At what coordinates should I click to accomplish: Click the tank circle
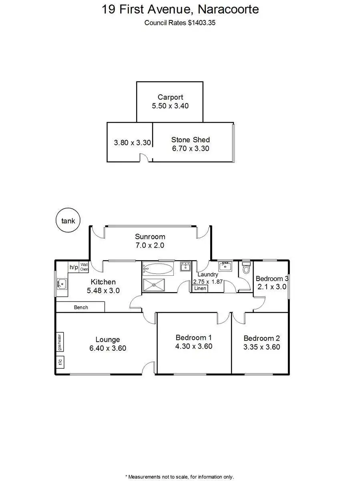coord(68,220)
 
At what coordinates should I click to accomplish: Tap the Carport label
coord(170,97)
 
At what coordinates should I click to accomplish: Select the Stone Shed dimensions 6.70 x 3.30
coord(190,148)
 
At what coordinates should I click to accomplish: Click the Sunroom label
coord(150,236)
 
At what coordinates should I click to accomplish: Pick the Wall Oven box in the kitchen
coord(84,267)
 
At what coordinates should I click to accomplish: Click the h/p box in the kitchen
coord(74,267)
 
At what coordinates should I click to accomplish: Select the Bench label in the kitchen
coord(81,307)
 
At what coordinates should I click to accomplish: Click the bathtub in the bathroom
coord(158,268)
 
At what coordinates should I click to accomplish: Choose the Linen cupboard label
coord(200,288)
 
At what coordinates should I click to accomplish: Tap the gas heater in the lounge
coord(60,342)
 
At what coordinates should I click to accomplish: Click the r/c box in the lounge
coord(60,362)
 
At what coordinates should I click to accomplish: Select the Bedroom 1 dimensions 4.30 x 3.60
coord(194,346)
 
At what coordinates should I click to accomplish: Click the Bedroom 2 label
coord(261,338)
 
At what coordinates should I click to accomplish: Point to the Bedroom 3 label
coord(272,279)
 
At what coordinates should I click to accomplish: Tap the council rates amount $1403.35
coord(202,23)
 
